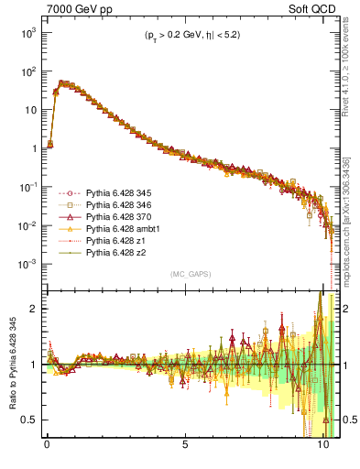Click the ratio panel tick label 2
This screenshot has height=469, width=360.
(33, 309)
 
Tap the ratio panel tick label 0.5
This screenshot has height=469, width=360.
(28, 420)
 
